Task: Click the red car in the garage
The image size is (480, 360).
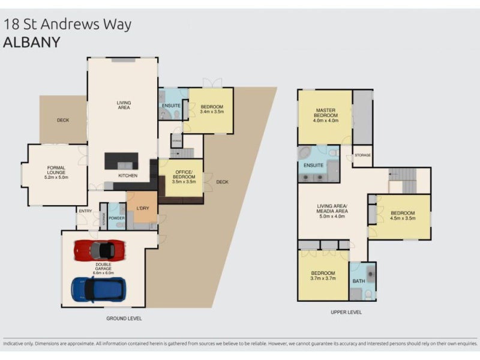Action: pyautogui.click(x=94, y=250)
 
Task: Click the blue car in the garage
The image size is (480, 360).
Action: pyautogui.click(x=98, y=289)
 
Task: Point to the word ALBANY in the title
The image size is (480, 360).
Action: pyautogui.click(x=32, y=43)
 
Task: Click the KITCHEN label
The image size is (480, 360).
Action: pyautogui.click(x=127, y=176)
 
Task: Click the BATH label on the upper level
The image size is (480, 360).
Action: pyautogui.click(x=359, y=281)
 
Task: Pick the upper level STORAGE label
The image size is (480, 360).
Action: pyautogui.click(x=362, y=155)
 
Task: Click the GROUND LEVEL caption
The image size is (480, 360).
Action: pyautogui.click(x=125, y=318)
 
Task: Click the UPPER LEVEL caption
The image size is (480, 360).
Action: pyautogui.click(x=346, y=312)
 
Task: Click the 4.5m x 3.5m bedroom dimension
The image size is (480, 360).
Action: pyautogui.click(x=402, y=219)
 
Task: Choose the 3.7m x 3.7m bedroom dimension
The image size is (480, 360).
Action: pyautogui.click(x=323, y=279)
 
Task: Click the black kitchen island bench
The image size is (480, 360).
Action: pyautogui.click(x=121, y=161)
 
